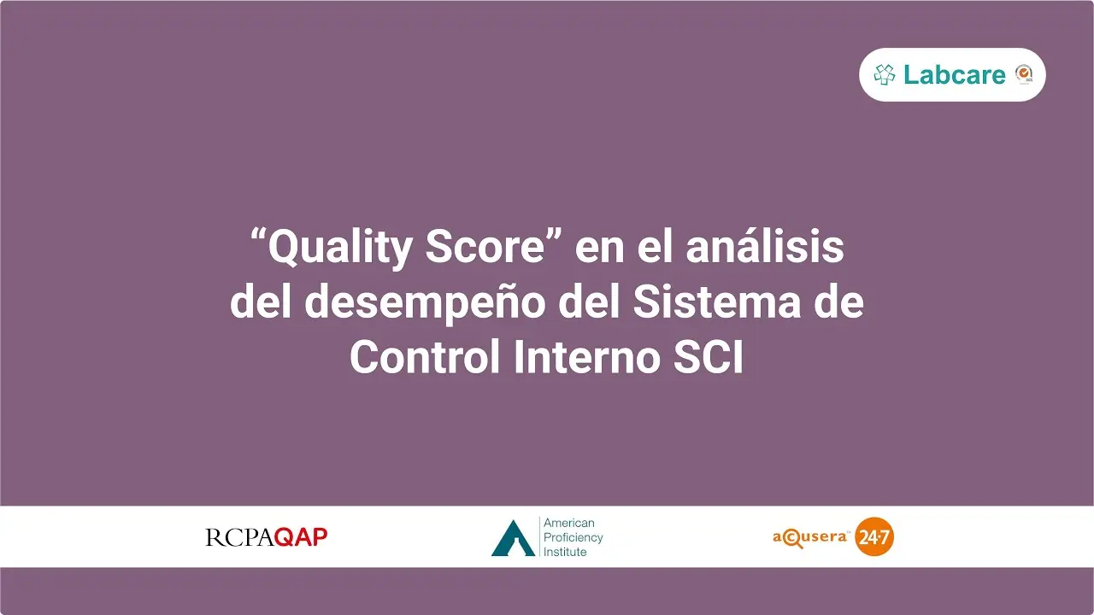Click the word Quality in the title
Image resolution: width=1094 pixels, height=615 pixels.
[340, 248]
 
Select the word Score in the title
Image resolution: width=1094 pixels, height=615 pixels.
[485, 247]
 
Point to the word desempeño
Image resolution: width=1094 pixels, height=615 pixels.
[425, 303]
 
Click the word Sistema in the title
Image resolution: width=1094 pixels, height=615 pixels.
[717, 302]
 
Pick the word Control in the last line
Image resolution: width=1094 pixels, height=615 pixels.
[425, 355]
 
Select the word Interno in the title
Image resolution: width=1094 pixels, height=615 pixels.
[586, 356]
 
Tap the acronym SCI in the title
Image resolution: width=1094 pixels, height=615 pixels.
[709, 356]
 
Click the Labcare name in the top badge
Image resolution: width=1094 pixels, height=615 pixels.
[955, 74]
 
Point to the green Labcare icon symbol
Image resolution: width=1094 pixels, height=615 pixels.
[885, 74]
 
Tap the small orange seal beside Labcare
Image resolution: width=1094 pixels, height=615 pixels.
[1024, 74]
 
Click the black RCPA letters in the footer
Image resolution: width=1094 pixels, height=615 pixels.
[239, 537]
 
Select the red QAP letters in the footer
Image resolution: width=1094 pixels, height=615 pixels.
[301, 537]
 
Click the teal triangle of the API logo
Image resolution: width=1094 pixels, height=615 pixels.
[513, 538]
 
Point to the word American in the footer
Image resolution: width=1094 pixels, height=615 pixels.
[569, 523]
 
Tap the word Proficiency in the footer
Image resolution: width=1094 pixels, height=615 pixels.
[573, 538]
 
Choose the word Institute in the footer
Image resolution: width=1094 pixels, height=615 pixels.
[565, 552]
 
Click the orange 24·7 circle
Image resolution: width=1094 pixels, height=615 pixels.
[874, 537]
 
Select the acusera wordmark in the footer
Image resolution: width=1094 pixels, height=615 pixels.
[810, 538]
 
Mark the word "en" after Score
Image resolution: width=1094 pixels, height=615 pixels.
[599, 249]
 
